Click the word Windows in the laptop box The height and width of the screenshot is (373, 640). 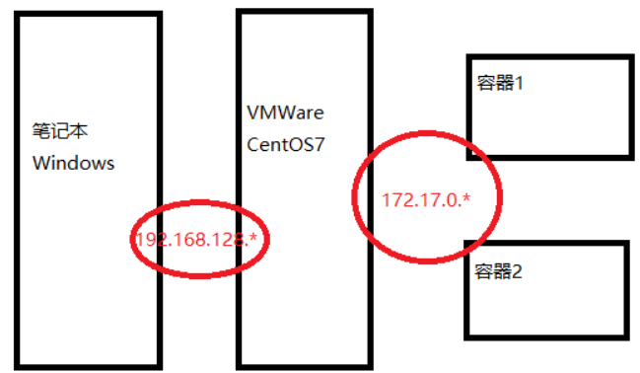(74, 163)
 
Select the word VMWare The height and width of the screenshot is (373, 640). (285, 112)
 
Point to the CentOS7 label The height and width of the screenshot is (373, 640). (286, 145)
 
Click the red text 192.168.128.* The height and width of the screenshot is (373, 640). (200, 239)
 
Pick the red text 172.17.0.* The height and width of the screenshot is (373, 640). (426, 200)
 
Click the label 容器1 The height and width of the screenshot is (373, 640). (498, 84)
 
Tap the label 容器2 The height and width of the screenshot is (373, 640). (498, 270)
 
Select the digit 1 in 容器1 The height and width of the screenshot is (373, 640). (518, 84)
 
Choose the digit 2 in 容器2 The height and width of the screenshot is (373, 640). (518, 270)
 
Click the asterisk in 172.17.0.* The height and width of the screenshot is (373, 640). (466, 198)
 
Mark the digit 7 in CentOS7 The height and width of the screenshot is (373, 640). (320, 145)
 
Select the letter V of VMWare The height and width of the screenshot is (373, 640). (251, 112)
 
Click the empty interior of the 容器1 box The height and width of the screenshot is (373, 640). (562, 123)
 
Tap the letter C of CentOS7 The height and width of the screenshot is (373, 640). (252, 145)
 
